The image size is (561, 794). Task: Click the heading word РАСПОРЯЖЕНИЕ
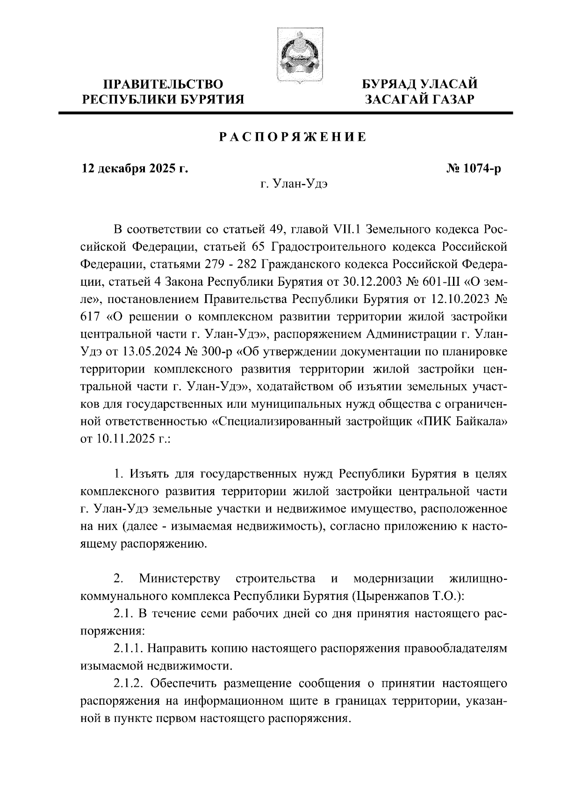click(293, 138)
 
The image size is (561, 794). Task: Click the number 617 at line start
click(90, 317)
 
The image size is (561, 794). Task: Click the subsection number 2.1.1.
click(130, 648)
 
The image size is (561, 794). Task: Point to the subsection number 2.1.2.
click(130, 683)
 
